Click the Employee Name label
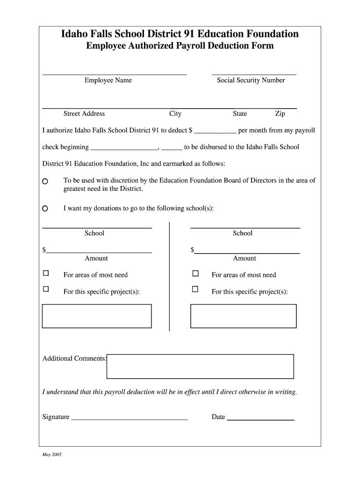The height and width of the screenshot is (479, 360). click(108, 80)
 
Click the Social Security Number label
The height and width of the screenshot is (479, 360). click(251, 80)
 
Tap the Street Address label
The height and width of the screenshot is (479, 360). click(84, 114)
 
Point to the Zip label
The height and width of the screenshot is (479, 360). click(280, 114)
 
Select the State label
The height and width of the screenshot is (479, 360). click(240, 114)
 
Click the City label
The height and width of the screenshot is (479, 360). click(175, 114)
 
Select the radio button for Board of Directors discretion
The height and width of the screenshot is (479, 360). click(45, 181)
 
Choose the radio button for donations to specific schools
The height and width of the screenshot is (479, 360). click(45, 209)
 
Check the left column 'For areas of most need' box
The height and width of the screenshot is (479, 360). click(46, 273)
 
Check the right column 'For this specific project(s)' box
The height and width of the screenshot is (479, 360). click(195, 289)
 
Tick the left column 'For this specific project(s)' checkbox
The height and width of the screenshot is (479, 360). click(46, 289)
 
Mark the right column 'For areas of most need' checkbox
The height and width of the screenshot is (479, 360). click(195, 273)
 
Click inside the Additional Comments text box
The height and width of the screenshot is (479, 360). click(200, 366)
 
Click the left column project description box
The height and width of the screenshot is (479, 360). click(97, 316)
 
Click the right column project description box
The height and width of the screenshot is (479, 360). click(243, 316)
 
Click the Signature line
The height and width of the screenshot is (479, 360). click(129, 418)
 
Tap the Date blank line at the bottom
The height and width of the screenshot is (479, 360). click(260, 418)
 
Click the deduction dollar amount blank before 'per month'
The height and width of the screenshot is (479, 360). click(215, 131)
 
